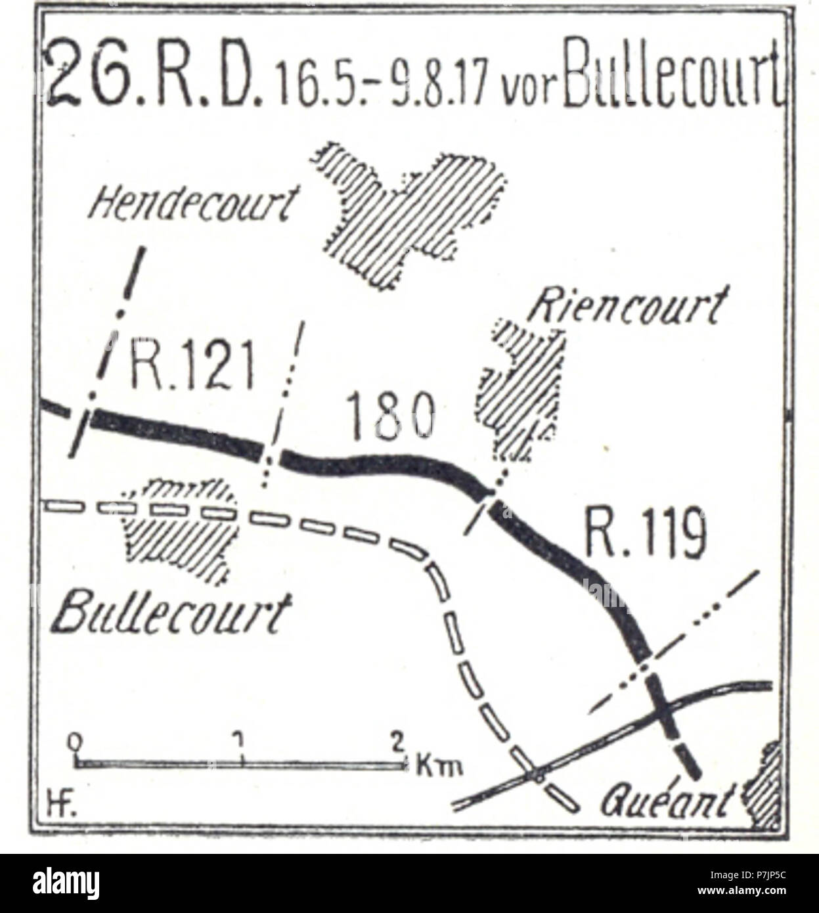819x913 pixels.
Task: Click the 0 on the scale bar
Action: (x=77, y=741)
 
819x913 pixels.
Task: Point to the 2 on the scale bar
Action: (x=397, y=742)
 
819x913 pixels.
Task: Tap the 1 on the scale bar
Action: (x=241, y=741)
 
